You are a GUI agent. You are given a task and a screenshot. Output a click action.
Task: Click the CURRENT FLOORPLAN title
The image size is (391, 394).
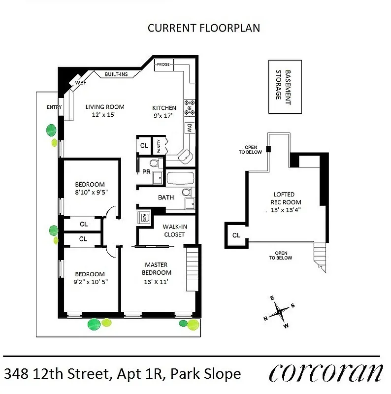coord(204,28)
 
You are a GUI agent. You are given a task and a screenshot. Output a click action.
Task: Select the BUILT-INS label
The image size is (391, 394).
coord(116,74)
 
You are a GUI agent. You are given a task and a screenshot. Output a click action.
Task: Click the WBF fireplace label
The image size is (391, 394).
coord(80,83)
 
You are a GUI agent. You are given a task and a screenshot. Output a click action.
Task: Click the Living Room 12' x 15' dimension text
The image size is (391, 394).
coord(104,114)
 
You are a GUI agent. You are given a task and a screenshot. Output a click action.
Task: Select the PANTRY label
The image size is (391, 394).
coord(159,146)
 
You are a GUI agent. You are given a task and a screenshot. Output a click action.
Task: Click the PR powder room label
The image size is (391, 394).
coord(146,172)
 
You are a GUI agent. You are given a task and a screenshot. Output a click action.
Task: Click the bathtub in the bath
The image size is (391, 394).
coord(180,178)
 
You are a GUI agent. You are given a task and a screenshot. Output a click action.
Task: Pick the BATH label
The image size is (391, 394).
coord(165,197)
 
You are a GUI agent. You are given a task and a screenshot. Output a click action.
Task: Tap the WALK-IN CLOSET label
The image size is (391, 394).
coord(173,230)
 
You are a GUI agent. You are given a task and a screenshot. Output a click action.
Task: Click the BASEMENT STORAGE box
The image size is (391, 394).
coord(284,87)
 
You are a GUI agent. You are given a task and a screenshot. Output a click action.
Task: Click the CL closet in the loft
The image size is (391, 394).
coord(236,235)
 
